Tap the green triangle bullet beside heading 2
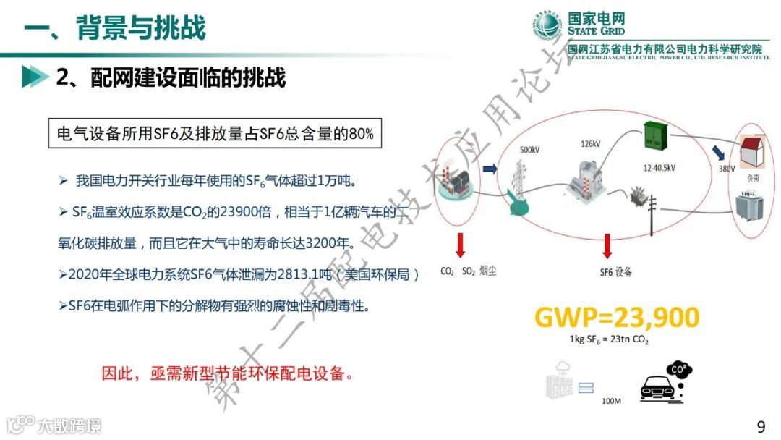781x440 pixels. (x=31, y=77)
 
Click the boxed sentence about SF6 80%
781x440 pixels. (x=215, y=134)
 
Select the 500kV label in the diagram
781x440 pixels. (x=529, y=150)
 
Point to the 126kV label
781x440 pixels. (x=590, y=144)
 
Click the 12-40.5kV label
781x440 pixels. (x=659, y=168)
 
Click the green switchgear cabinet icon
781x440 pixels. (x=657, y=140)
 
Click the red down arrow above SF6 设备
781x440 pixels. (x=606, y=248)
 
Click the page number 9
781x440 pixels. (x=761, y=426)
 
